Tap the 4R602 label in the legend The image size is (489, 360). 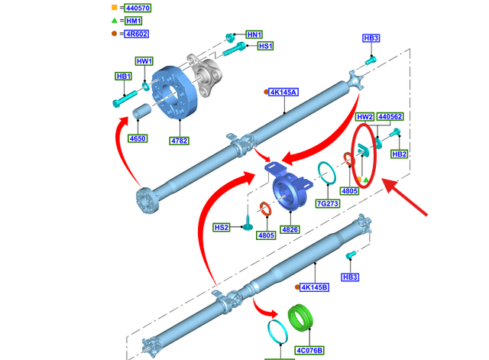tap(131, 34)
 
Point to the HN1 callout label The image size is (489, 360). tap(254, 35)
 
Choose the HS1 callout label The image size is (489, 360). tap(265, 47)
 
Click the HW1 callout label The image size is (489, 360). tap(144, 61)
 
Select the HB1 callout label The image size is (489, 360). tap(124, 76)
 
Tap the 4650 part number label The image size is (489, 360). tap(138, 139)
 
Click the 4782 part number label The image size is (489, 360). tap(180, 141)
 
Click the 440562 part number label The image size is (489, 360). tap(390, 117)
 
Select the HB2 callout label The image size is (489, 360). tap(399, 154)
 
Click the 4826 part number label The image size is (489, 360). tap(290, 229)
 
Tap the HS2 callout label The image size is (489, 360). tap(222, 228)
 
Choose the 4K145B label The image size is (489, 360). tap(313, 287)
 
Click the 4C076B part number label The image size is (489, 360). tap(309, 350)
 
